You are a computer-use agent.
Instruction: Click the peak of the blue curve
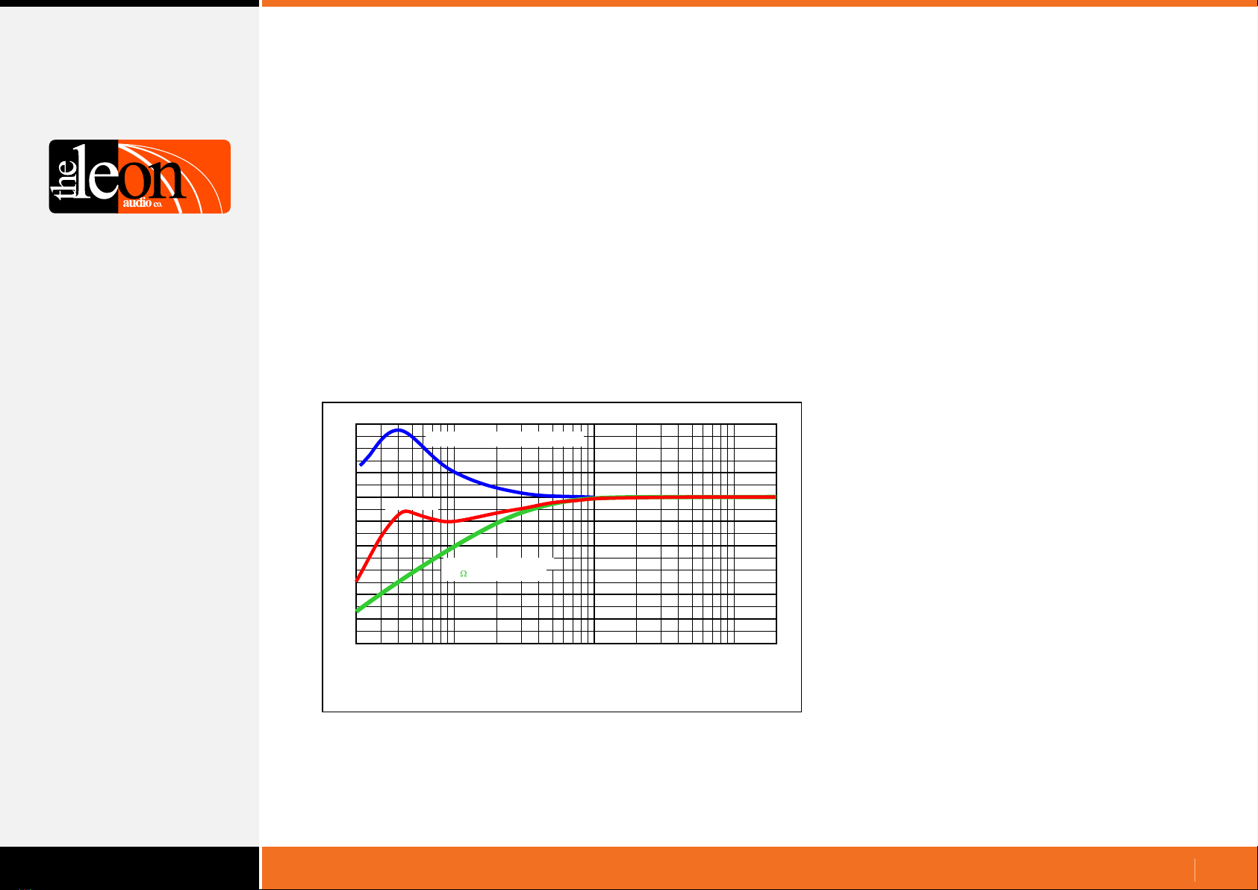click(399, 430)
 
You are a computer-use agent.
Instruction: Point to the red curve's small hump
click(405, 511)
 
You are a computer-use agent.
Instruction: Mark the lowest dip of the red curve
click(449, 522)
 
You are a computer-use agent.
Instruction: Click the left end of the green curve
click(358, 610)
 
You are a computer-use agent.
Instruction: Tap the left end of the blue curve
click(361, 465)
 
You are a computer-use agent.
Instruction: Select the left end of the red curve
click(357, 581)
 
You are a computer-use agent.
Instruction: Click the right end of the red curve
click(775, 497)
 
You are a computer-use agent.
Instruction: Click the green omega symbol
click(464, 573)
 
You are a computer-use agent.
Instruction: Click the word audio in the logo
click(137, 202)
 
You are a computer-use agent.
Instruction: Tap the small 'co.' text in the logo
click(158, 205)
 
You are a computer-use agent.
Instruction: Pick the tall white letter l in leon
click(81, 171)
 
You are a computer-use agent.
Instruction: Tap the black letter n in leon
click(169, 178)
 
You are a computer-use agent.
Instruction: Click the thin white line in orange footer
click(1195, 870)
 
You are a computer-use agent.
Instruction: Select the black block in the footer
click(129, 868)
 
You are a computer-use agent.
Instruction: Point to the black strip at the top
click(129, 3)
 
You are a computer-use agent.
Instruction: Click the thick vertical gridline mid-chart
click(594, 533)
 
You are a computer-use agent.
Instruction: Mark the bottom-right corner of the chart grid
click(776, 644)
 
